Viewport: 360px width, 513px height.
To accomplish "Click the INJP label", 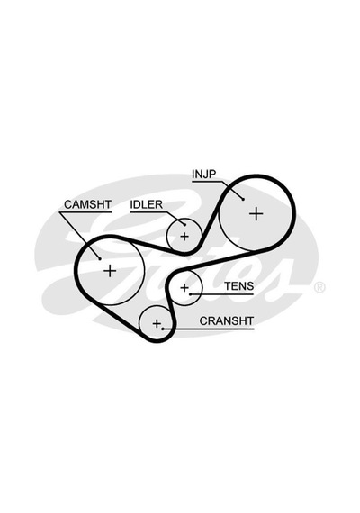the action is pyautogui.click(x=204, y=174).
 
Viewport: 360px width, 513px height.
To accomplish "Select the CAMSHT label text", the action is pyautogui.click(x=87, y=204).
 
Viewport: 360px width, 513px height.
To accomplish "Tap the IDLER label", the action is pyautogui.click(x=147, y=204).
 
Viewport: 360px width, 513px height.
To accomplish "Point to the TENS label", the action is pyautogui.click(x=238, y=286).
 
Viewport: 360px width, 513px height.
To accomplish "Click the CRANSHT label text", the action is pyautogui.click(x=227, y=321).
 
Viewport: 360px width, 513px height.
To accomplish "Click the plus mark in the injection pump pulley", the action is pyautogui.click(x=256, y=214).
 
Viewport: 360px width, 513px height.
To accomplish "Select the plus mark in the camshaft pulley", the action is pyautogui.click(x=110, y=271).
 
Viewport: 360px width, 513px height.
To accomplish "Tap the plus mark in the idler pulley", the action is pyautogui.click(x=184, y=236).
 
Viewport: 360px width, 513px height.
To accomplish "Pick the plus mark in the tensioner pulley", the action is pyautogui.click(x=184, y=288).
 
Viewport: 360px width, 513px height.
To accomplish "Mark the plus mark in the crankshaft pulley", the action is pyautogui.click(x=157, y=324).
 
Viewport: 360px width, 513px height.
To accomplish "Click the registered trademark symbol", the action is pyautogui.click(x=319, y=287).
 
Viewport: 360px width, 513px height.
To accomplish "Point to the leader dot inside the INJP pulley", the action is pyautogui.click(x=244, y=199).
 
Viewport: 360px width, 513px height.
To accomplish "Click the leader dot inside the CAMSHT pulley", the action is pyautogui.click(x=100, y=259).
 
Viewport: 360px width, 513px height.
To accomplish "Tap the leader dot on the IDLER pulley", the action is pyautogui.click(x=184, y=225).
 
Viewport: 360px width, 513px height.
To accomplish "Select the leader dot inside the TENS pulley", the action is pyautogui.click(x=190, y=294).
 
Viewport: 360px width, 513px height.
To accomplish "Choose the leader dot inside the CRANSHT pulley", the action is pyautogui.click(x=163, y=328).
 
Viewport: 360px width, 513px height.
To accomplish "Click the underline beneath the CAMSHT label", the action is pyautogui.click(x=85, y=212).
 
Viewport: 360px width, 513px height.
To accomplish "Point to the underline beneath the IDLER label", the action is pyautogui.click(x=148, y=212).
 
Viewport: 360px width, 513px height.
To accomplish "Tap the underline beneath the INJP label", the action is pyautogui.click(x=208, y=182).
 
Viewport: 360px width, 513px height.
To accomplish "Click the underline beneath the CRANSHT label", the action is pyautogui.click(x=208, y=328).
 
